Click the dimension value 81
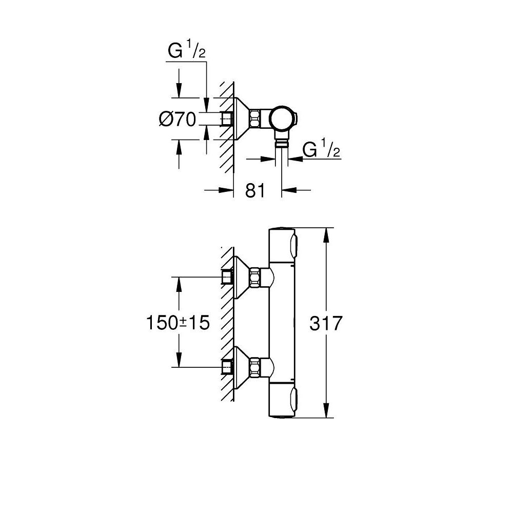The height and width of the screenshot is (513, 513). [254, 190]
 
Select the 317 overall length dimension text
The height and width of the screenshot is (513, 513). [326, 324]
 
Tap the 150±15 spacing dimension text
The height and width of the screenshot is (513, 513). [178, 323]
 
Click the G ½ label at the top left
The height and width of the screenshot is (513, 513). [187, 51]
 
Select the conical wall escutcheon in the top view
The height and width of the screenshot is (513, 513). [240, 119]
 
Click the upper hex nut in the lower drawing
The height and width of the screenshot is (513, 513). [254, 278]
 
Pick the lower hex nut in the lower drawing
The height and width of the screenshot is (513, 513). [254, 367]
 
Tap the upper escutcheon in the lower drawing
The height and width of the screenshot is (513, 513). [240, 278]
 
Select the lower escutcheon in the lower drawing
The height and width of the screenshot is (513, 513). [240, 367]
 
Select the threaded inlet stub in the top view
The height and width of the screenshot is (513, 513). [226, 119]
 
